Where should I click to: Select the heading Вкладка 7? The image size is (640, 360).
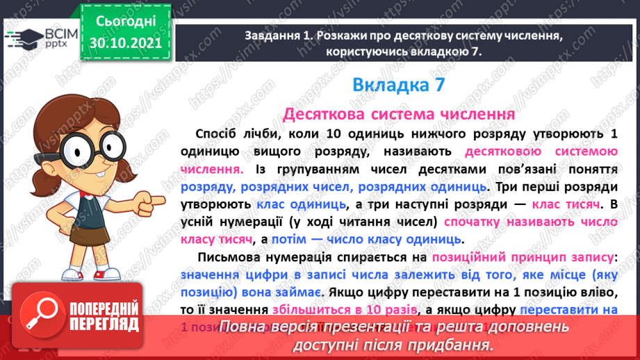click(398, 85)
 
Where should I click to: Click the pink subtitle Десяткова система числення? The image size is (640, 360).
click(398, 113)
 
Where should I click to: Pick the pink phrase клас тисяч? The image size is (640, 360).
click(566, 204)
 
